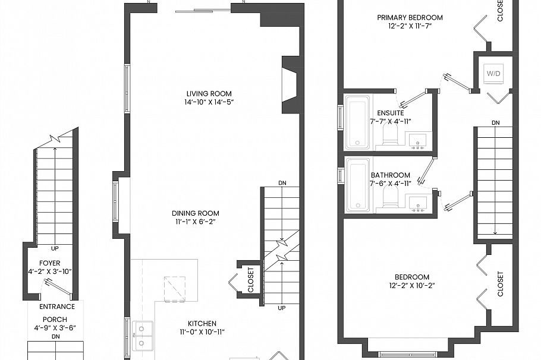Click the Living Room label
click(209, 93)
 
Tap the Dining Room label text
click(195, 213)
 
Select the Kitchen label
click(202, 323)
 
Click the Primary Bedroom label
click(410, 17)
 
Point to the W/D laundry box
click(493, 74)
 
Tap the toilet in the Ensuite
click(390, 136)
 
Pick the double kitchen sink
click(143, 335)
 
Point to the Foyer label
click(50, 263)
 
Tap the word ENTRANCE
click(57, 307)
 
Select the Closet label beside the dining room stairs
click(250, 279)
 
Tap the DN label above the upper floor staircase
click(495, 122)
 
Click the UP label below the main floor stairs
click(281, 308)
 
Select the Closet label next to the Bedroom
click(500, 284)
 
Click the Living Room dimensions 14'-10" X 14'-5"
click(209, 102)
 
